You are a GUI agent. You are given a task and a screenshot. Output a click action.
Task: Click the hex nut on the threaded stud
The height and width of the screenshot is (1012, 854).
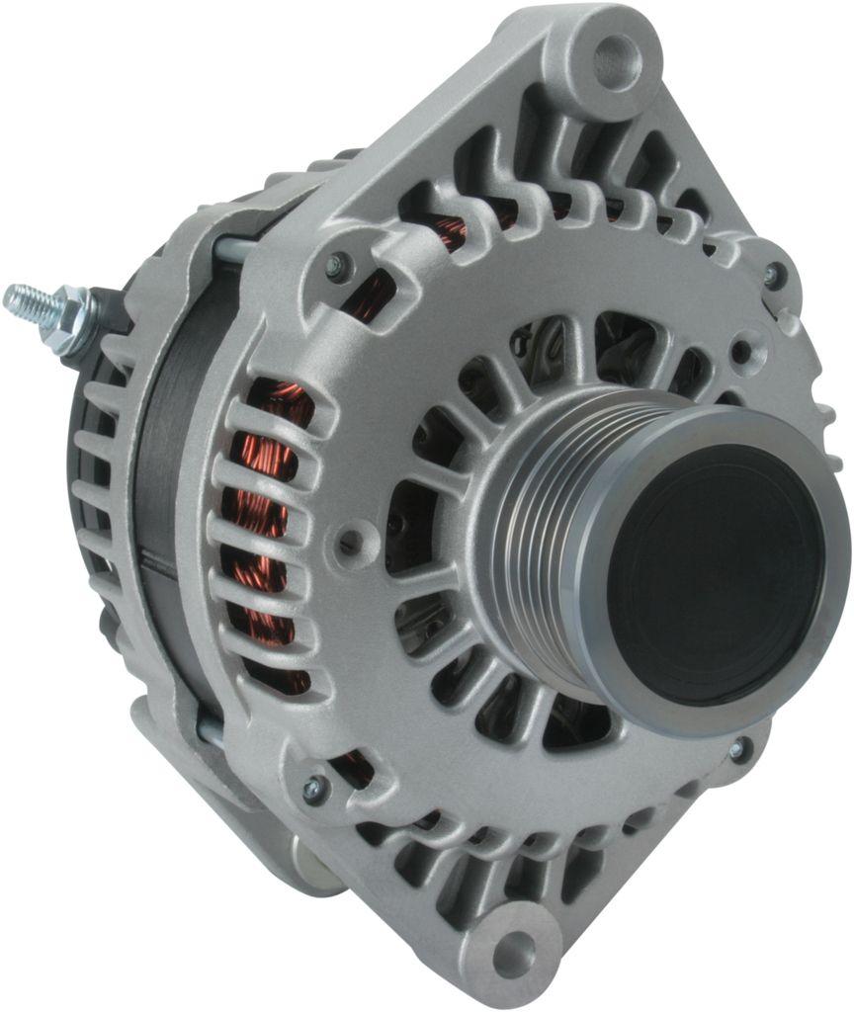72,318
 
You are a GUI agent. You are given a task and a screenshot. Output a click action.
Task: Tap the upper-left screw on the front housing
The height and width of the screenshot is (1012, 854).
338,264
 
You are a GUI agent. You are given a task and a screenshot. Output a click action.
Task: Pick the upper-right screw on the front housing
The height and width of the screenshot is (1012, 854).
773,274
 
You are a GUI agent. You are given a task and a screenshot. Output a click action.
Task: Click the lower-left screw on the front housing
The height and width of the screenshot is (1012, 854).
313,788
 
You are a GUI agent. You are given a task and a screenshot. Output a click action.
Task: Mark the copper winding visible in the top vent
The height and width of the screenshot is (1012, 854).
450,232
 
